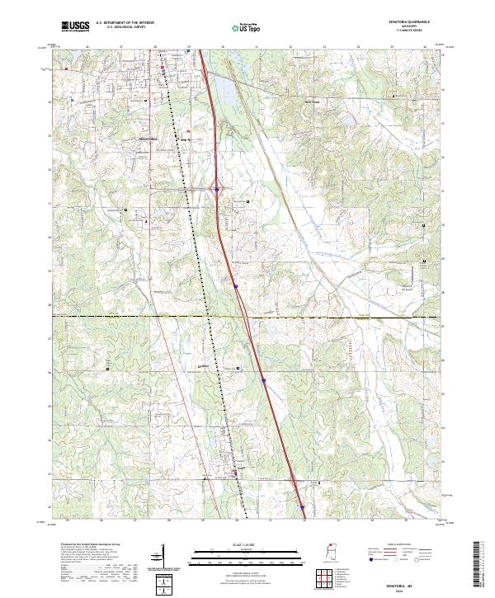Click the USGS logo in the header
(x=75, y=26)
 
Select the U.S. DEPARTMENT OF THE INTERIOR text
(x=124, y=24)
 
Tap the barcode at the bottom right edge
(x=480, y=567)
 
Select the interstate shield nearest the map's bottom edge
(x=302, y=506)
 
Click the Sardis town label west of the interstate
(x=200, y=367)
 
